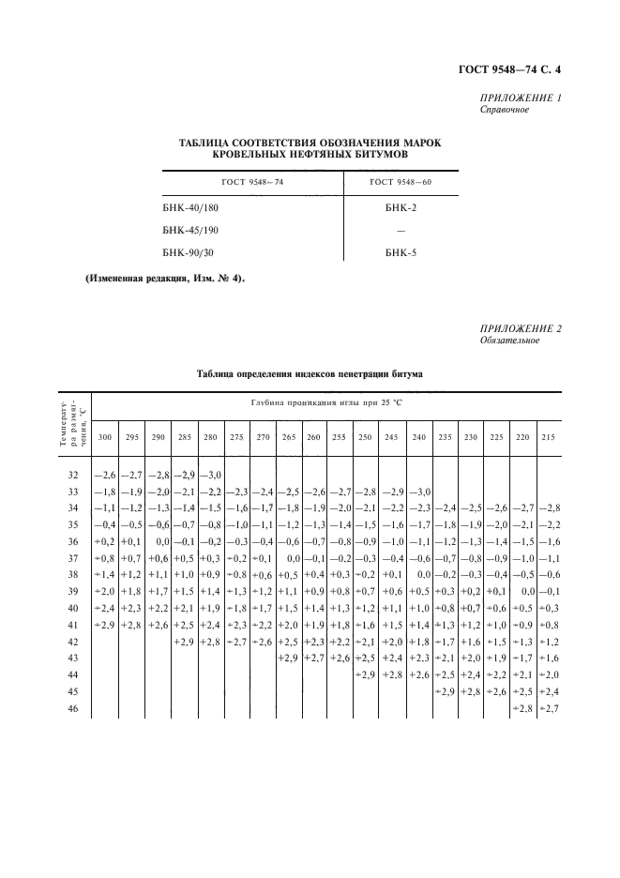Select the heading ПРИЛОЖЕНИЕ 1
click(520, 98)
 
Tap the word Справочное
click(505, 110)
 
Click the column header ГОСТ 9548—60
click(401, 181)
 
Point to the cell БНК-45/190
click(191, 230)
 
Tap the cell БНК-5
click(401, 253)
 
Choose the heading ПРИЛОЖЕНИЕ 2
click(520, 328)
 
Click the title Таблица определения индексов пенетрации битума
click(310, 373)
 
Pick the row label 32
click(74, 476)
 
